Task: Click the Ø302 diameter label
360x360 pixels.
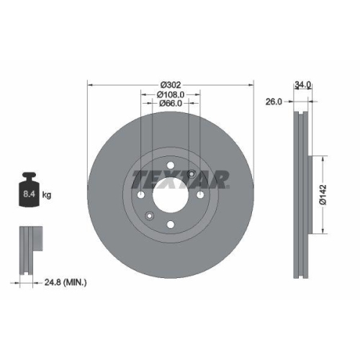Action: (170, 84)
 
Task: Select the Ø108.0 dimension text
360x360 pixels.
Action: (171, 94)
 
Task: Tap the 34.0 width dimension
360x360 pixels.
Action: (302, 84)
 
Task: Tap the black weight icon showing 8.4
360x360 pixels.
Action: (29, 191)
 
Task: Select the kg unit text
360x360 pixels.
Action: (47, 195)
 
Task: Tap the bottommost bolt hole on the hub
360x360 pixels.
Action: (170, 224)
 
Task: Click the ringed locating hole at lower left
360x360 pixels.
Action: (149, 215)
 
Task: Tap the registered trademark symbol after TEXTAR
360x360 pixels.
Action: (229, 184)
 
